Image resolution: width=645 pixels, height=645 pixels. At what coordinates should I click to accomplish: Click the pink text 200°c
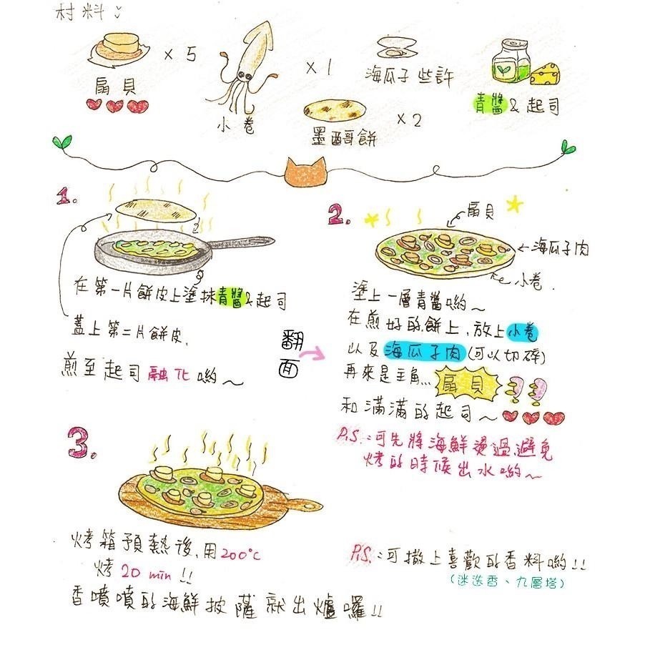pos(241,553)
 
